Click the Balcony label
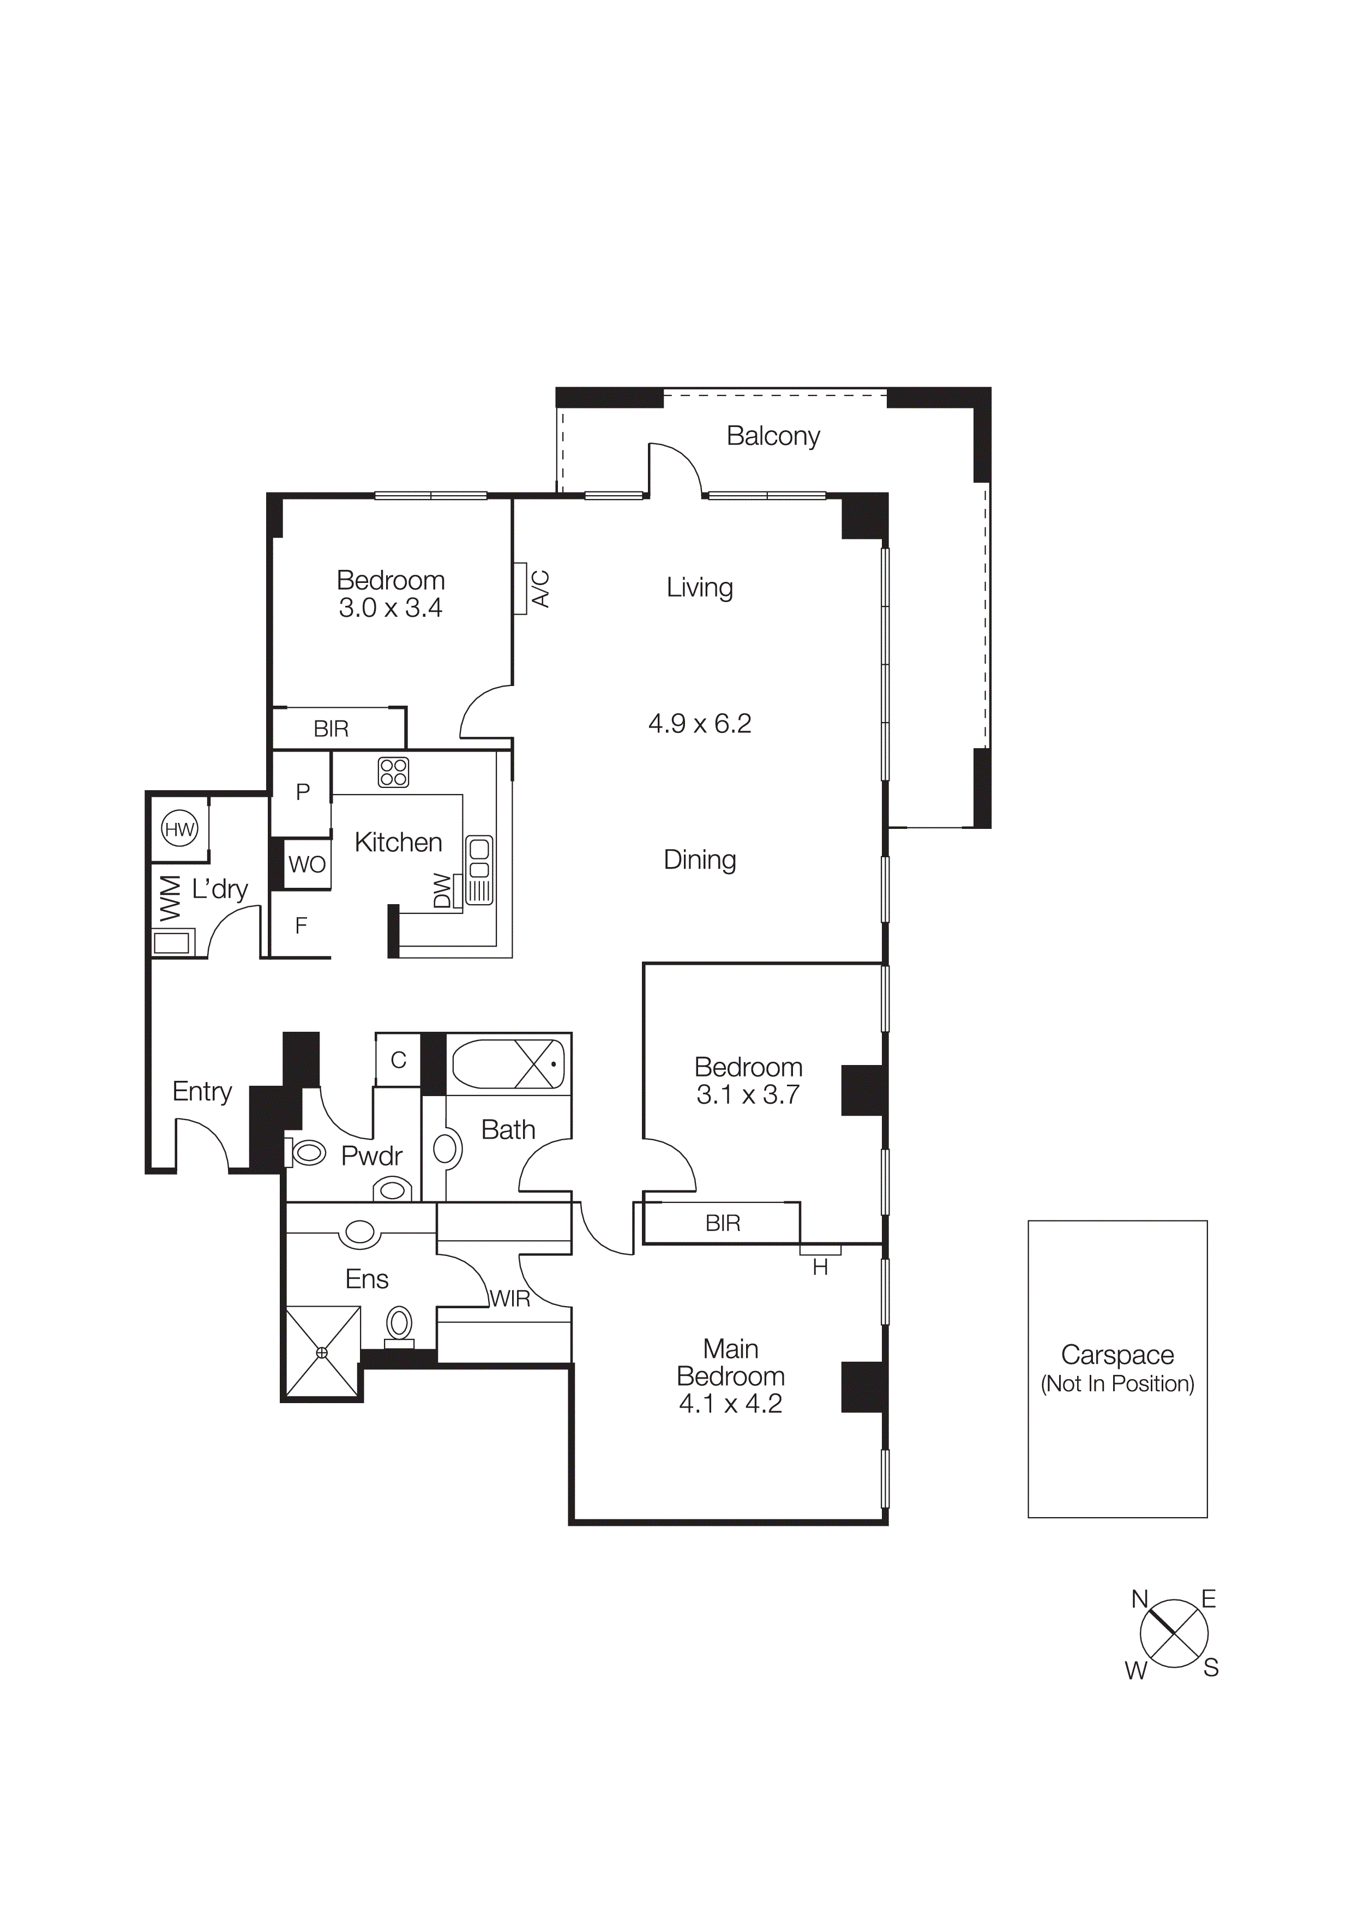(772, 436)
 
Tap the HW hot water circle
(179, 829)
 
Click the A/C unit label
(540, 588)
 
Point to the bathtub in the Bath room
(507, 1064)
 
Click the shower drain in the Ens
(322, 1352)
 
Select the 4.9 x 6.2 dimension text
(700, 723)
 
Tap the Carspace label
(1116, 1355)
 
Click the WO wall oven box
(307, 864)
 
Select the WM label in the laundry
(170, 898)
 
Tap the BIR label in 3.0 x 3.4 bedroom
(331, 729)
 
